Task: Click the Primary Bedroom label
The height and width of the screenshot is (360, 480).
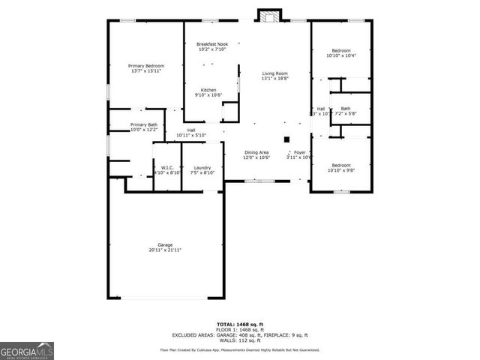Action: [x=146, y=66]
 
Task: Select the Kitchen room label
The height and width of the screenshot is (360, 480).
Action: [x=208, y=90]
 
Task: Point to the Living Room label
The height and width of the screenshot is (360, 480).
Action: [x=274, y=73]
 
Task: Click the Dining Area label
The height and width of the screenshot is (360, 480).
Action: [x=256, y=152]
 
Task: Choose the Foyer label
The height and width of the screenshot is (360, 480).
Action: [x=299, y=152]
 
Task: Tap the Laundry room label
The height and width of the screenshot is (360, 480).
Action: [x=202, y=167]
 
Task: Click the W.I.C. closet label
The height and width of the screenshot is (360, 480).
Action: [x=166, y=167]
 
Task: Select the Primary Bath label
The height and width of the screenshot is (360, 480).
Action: [x=143, y=124]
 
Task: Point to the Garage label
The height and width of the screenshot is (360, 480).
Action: [x=165, y=244]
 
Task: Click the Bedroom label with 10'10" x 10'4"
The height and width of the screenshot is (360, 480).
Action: [x=340, y=50]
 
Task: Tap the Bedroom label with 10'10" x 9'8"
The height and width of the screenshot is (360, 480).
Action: [x=340, y=165]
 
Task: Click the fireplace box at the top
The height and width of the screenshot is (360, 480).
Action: [x=268, y=14]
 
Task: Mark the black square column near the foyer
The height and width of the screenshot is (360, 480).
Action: [x=286, y=139]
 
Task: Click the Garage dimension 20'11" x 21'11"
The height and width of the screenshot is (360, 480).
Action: [x=165, y=250]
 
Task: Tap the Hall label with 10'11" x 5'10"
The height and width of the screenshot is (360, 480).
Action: [x=191, y=132]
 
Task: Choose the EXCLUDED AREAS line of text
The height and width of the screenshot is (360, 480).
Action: [x=239, y=334]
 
